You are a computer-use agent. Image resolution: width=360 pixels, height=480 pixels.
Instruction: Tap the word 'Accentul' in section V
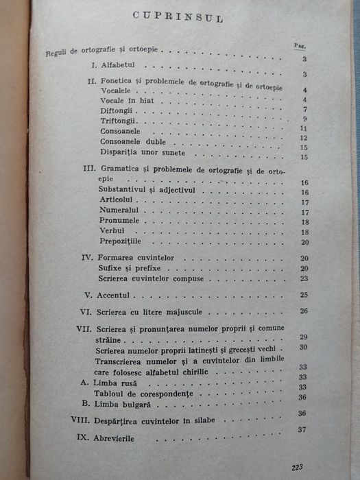[x=116, y=296]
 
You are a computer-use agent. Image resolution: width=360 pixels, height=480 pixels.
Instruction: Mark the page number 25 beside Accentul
[x=303, y=295]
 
